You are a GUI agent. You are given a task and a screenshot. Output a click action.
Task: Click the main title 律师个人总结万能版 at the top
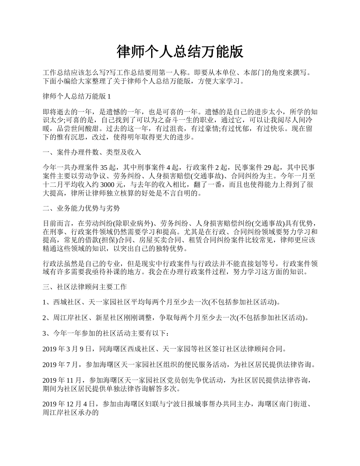(180, 52)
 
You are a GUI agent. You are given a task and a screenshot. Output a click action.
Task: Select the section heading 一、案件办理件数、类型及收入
(92, 152)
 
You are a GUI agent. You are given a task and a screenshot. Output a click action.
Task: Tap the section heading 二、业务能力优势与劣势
(81, 208)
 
